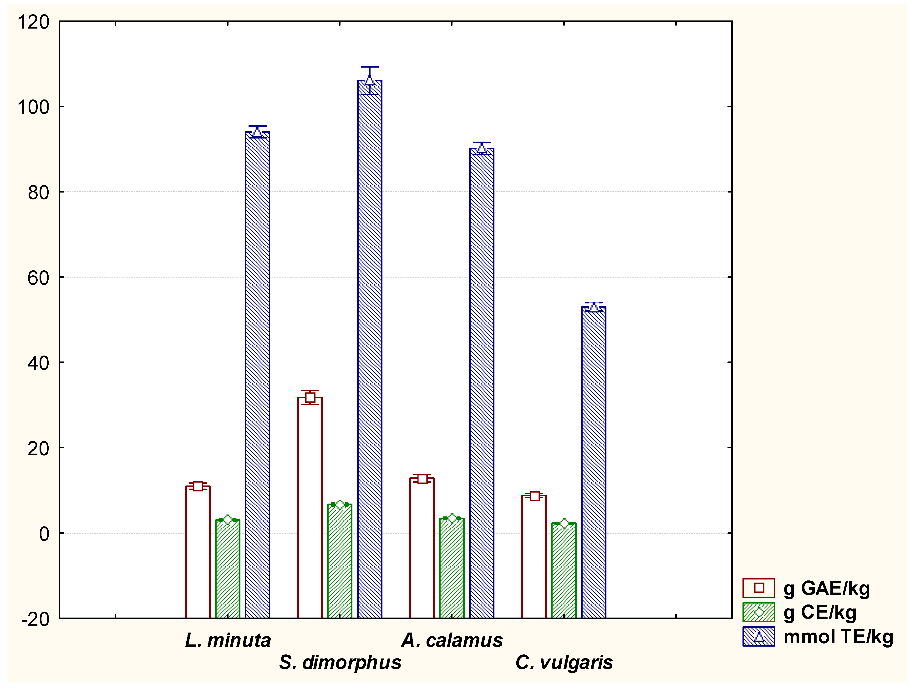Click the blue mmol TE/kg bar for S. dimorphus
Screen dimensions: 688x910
coord(369,349)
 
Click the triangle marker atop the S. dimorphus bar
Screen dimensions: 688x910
coord(369,80)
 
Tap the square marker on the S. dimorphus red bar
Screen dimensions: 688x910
coord(310,397)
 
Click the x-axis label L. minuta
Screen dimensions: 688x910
coord(228,640)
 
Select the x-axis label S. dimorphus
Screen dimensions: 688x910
coord(340,662)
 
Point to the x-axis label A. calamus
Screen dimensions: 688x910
coord(452,640)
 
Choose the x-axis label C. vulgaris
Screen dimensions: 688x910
coord(564,662)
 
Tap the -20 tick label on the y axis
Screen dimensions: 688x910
coord(35,619)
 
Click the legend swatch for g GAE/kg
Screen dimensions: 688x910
coord(759,588)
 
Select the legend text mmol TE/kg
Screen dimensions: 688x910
coord(838,637)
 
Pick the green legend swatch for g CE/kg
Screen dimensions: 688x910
coord(759,612)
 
